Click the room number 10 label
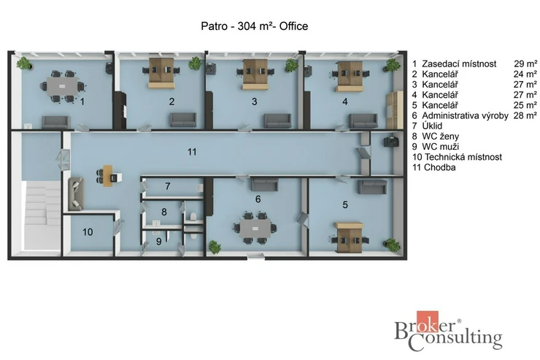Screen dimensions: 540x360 click(x=88, y=232)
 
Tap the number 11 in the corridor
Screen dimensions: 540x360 click(x=192, y=152)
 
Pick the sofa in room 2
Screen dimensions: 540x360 click(x=183, y=120)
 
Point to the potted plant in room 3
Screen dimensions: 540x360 click(x=291, y=65)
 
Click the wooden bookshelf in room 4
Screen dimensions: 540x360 click(x=394, y=110)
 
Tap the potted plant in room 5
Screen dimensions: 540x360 click(x=392, y=245)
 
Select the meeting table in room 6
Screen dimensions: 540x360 click(x=255, y=229)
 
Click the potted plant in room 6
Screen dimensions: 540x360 click(x=215, y=247)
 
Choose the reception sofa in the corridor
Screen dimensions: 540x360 click(x=76, y=194)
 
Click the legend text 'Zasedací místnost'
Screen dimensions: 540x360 click(x=459, y=64)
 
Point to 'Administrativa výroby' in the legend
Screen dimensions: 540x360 click(x=465, y=116)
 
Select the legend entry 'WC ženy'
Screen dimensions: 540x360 click(x=441, y=137)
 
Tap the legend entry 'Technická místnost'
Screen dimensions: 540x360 click(x=463, y=157)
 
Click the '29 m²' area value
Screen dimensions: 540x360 click(x=525, y=64)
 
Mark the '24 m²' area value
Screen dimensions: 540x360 click(x=525, y=74)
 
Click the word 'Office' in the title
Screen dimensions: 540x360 click(x=293, y=26)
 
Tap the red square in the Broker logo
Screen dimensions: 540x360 click(x=428, y=321)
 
